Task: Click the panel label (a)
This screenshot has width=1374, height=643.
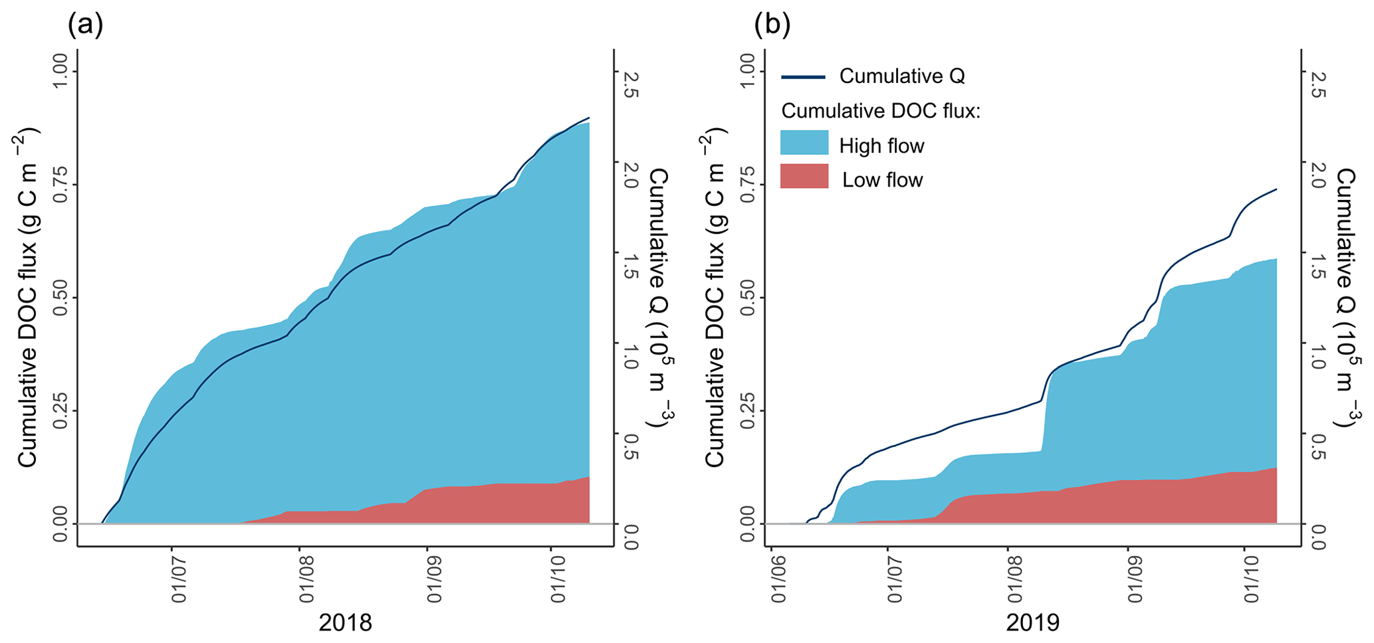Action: click(x=85, y=25)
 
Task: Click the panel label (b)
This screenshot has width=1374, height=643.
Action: click(x=772, y=25)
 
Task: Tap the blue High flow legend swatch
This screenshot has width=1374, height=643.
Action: click(x=804, y=143)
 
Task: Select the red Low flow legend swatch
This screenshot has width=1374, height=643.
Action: click(x=804, y=177)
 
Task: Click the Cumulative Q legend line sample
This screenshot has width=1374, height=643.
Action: click(x=803, y=78)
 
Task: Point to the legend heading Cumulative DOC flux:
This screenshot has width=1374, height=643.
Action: click(x=881, y=111)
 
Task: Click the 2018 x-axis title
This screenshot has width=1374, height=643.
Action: click(x=345, y=623)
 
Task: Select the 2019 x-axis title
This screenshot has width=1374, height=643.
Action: click(x=1032, y=623)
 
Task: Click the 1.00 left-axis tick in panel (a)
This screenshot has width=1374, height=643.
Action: click(x=60, y=72)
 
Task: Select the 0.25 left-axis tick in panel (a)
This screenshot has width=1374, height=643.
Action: click(x=60, y=411)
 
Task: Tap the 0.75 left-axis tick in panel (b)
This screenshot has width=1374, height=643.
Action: click(x=747, y=185)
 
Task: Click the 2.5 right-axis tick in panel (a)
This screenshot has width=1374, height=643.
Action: click(x=630, y=85)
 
